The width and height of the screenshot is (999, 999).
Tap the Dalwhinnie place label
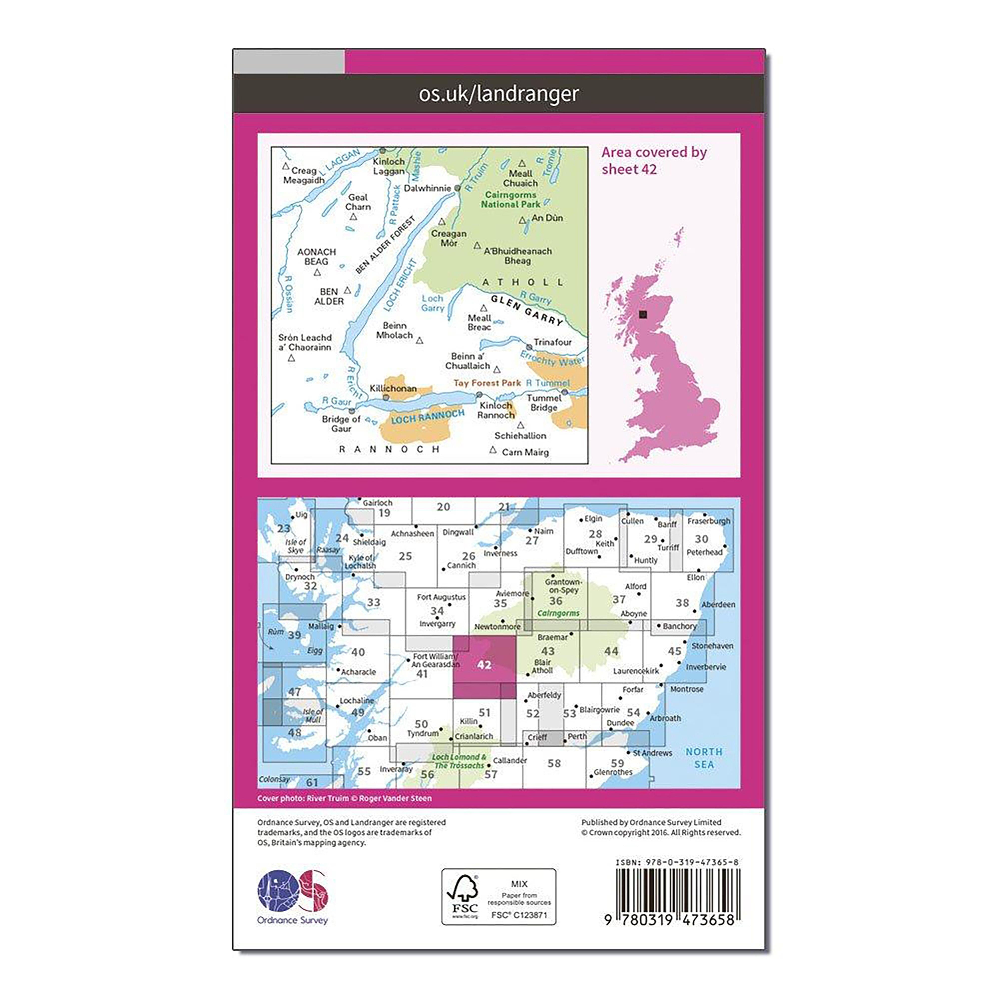pyautogui.click(x=427, y=188)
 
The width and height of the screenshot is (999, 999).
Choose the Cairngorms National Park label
pyautogui.click(x=510, y=200)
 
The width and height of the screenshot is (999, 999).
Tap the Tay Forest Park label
pyautogui.click(x=487, y=383)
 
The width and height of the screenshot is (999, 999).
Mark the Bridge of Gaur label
pyautogui.click(x=341, y=424)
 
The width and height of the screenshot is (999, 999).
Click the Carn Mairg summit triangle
pyautogui.click(x=493, y=450)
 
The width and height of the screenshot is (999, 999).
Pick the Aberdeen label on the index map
pyautogui.click(x=718, y=604)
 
